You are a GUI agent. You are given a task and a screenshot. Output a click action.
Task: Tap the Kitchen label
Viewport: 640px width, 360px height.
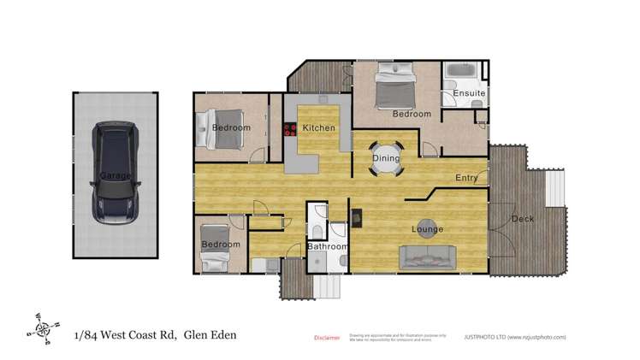318,128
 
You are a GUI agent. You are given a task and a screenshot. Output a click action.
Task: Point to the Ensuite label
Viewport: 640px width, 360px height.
470,92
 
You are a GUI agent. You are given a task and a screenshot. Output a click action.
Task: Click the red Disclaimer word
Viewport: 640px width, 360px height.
328,338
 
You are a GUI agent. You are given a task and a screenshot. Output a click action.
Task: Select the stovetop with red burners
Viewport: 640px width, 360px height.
288,129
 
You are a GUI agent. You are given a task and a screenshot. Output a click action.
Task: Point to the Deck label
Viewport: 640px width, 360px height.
522,220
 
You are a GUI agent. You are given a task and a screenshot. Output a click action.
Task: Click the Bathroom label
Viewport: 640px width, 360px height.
329,247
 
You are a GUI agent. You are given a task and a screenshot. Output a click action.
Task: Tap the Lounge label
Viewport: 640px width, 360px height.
427,229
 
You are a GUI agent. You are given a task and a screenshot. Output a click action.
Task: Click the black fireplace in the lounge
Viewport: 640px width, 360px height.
357,216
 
